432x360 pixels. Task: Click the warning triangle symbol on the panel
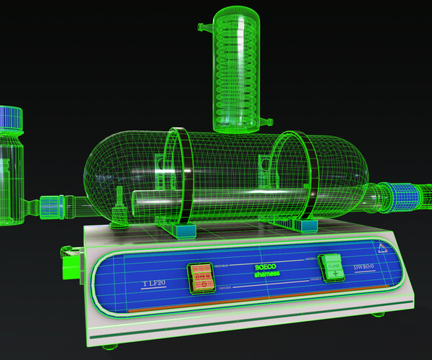(x=382, y=249)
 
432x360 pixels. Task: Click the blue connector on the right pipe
(x=400, y=196)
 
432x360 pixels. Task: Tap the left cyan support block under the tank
(x=186, y=231)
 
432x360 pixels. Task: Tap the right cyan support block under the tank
(x=310, y=226)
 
